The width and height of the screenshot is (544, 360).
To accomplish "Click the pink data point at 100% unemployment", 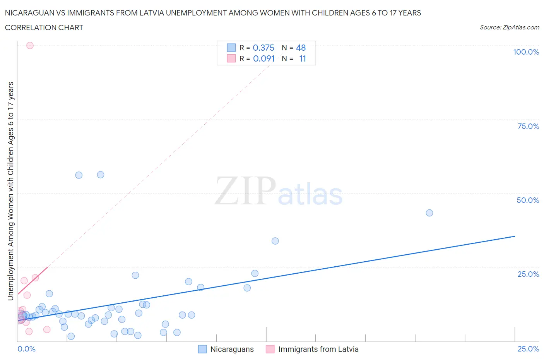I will pos(30,45).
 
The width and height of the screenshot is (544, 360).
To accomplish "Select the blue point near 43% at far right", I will pos(429,213).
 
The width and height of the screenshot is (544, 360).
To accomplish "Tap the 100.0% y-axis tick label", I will pos(526,52).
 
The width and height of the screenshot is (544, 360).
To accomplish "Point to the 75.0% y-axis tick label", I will pos(528,126).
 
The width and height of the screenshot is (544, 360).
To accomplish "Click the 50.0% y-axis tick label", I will pos(528,200).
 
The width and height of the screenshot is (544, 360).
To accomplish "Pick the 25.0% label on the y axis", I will pos(528,274).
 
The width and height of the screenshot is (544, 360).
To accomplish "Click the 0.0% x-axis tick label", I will pos(26,349).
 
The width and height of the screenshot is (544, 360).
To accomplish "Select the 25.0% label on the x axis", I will pos(528,349).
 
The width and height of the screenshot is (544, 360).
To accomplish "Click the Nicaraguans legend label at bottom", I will pos(232,349).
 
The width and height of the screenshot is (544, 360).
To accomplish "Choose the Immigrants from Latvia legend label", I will pos(318,349).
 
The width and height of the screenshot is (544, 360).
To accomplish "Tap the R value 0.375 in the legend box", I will pos(263,48).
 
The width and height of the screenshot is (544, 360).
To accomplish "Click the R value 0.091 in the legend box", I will pos(264,58).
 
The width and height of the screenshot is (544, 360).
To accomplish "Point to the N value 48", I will pos(301,48).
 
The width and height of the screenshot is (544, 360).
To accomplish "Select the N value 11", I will pos(303,58).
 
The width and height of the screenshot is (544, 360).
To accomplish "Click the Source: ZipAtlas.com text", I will pos(509,27).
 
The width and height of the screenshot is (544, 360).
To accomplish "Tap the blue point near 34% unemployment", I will pos(275,241).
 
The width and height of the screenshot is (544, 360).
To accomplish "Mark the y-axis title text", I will pos(10,191).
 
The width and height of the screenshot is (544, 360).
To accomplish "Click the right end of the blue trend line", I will pos(515,236).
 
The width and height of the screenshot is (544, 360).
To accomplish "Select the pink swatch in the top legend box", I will pos(231,58).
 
